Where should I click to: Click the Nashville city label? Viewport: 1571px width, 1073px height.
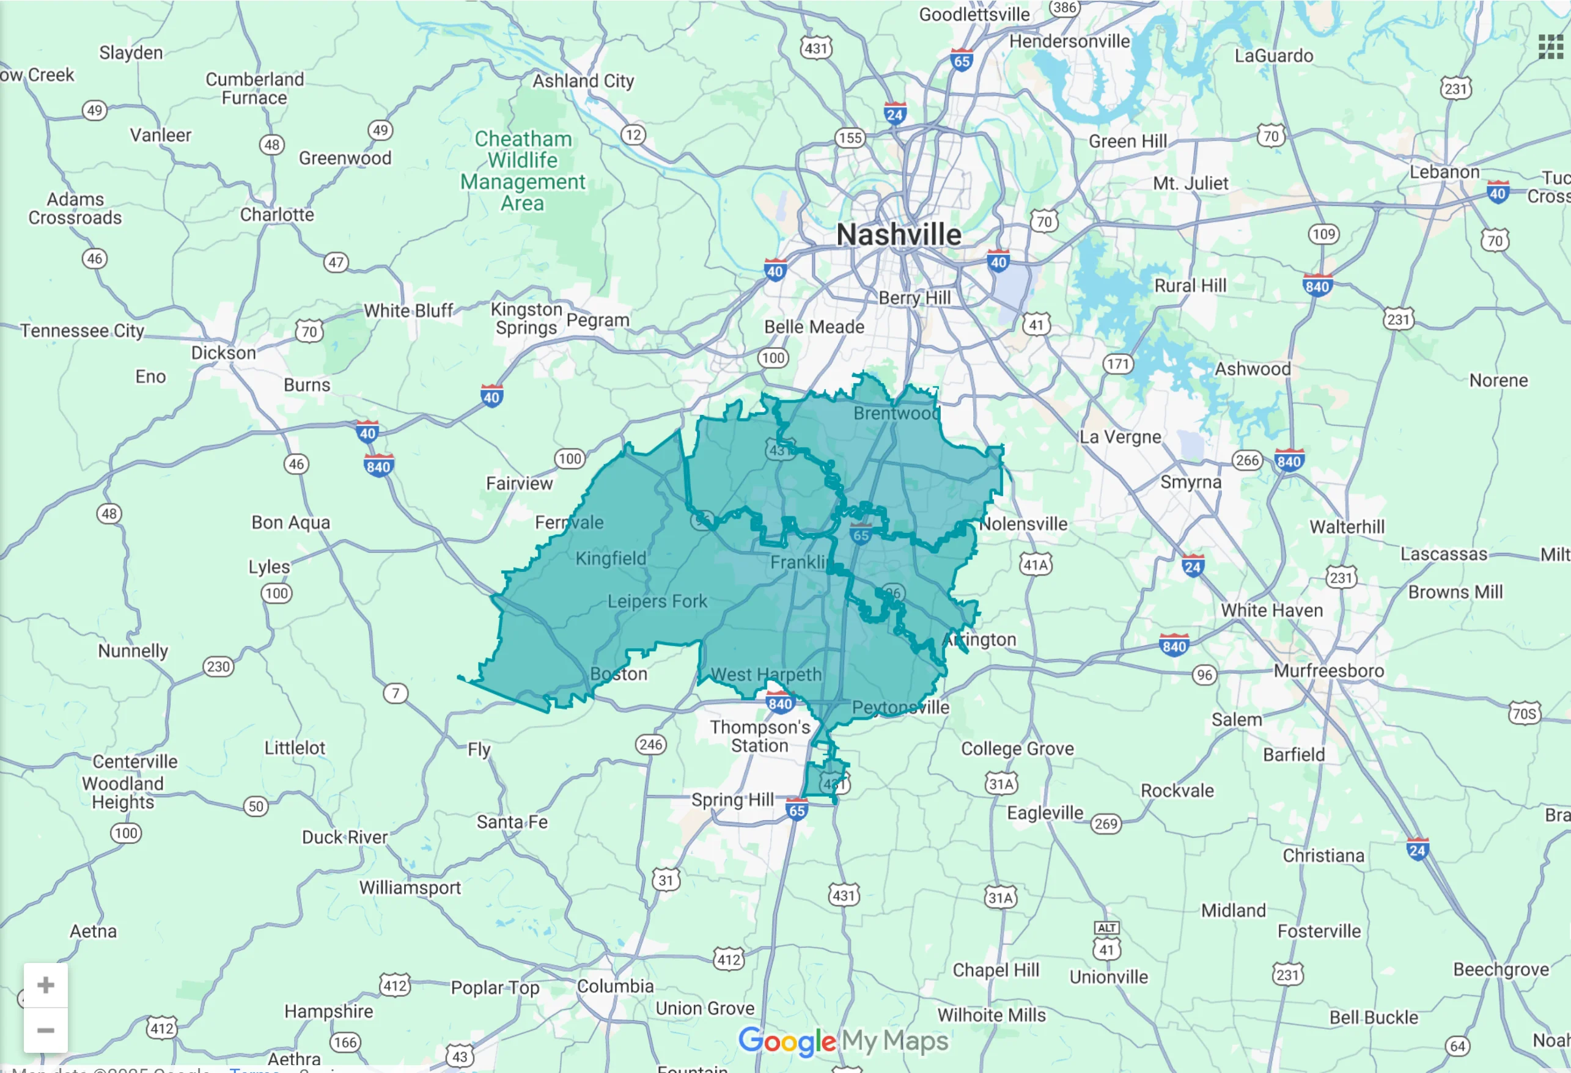click(x=899, y=235)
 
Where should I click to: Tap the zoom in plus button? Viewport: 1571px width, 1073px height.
click(x=45, y=985)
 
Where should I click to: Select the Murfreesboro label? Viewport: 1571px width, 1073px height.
click(x=1329, y=671)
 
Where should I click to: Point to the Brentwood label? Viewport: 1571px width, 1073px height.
click(x=896, y=413)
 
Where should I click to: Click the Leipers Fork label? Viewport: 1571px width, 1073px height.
click(x=657, y=601)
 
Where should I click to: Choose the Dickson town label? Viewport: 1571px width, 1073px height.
click(x=223, y=353)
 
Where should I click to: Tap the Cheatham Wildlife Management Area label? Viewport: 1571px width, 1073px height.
click(x=523, y=171)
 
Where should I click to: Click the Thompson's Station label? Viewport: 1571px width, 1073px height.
click(x=760, y=736)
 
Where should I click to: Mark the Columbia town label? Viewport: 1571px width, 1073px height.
click(x=615, y=986)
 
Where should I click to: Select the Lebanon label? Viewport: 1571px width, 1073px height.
click(x=1444, y=172)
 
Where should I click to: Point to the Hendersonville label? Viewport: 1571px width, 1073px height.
click(x=1069, y=41)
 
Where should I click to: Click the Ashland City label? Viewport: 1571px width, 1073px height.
click(x=583, y=81)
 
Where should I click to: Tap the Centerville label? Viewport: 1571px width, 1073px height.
click(x=135, y=761)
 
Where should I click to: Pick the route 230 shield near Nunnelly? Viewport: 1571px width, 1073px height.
click(x=218, y=667)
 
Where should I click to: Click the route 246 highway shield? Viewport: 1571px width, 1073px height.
click(x=650, y=745)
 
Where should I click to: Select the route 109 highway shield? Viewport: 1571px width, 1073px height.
click(x=1323, y=235)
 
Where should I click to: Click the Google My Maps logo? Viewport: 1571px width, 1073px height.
click(x=843, y=1041)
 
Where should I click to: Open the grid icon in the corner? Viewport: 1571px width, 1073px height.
click(x=1551, y=46)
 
